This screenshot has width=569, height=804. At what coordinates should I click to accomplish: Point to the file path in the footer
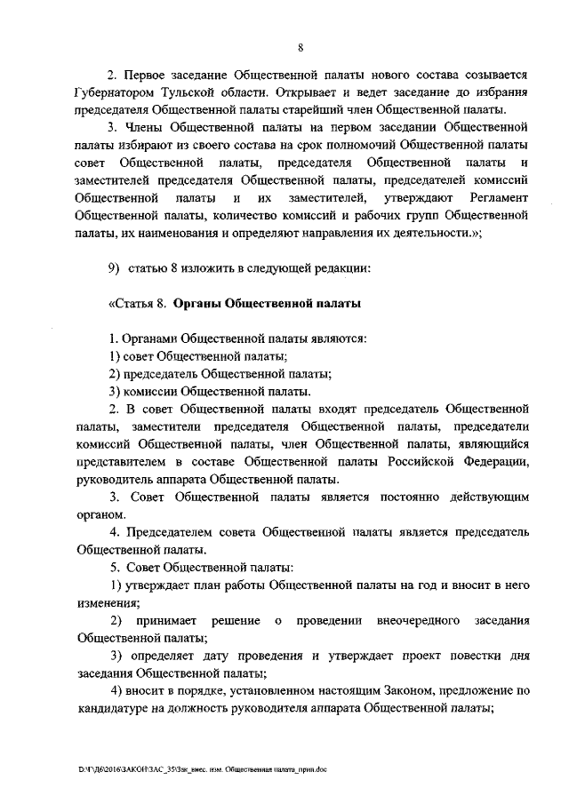click(x=203, y=770)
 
